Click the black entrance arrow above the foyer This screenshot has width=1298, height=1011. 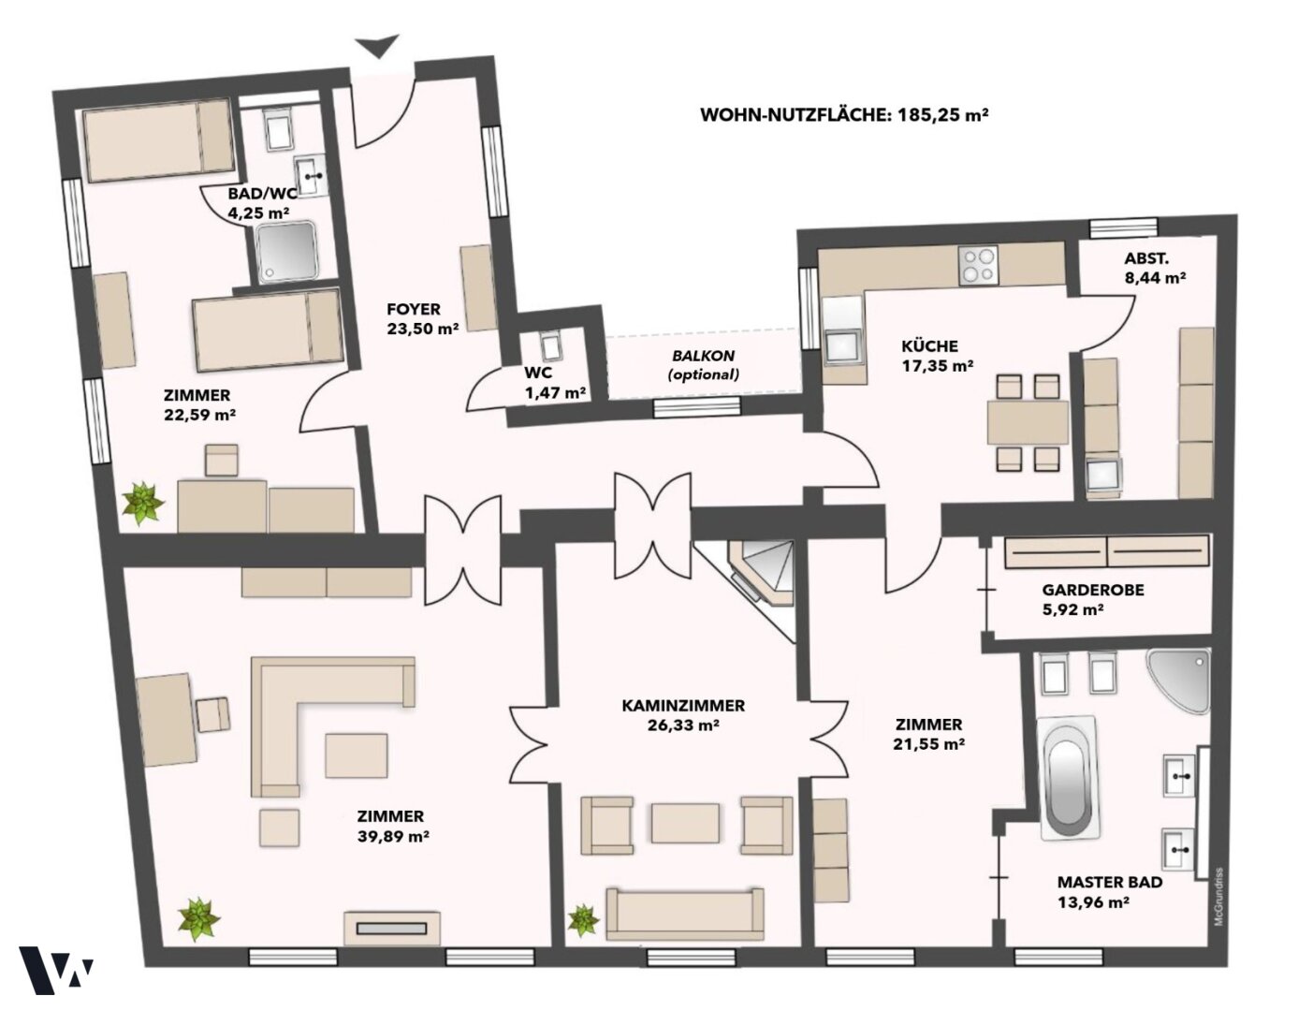377,46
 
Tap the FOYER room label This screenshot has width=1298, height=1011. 414,309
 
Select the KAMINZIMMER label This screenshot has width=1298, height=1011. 683,706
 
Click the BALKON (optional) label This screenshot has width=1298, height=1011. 703,364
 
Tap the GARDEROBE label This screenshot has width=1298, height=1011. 1093,590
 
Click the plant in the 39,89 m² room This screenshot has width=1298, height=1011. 199,920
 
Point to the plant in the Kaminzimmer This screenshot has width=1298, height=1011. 583,921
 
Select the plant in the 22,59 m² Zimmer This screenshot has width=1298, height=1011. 143,504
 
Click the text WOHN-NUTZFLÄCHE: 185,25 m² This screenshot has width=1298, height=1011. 843,115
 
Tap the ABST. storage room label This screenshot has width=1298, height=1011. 1146,258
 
